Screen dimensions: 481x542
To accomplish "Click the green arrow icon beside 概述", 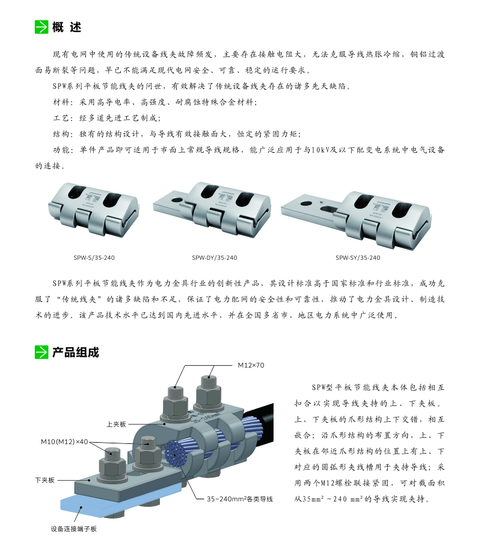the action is (41, 27).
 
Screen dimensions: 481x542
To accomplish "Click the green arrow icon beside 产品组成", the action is (41, 353).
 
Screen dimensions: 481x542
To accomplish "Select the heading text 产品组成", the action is (76, 353).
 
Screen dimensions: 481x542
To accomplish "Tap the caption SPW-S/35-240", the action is (94, 257).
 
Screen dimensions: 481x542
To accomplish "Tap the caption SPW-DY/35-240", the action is (215, 257).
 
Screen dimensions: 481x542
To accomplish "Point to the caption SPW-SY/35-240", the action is (358, 257).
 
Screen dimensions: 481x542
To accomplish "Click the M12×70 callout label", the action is (251, 365).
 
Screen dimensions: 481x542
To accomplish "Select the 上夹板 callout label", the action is (116, 424).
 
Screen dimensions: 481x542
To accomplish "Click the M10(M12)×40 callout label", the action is (64, 442).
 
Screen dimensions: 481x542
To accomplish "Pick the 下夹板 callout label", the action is (45, 480).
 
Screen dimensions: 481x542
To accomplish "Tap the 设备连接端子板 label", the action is (73, 529).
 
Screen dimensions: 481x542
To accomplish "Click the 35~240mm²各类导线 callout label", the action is (240, 499).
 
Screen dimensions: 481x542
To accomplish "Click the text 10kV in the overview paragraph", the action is (320, 150).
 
